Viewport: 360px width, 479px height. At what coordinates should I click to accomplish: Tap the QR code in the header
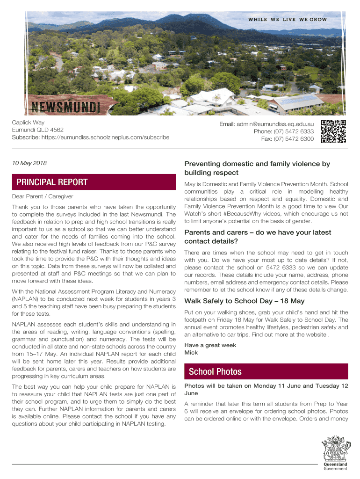pos(334,131)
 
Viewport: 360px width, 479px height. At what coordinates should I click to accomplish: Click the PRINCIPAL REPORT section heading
pos(52,182)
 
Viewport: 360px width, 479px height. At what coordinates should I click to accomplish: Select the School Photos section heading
pos(215,371)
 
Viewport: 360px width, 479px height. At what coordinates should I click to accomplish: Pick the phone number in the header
pos(293,131)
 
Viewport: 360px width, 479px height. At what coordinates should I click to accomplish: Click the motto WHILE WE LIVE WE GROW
pos(287,20)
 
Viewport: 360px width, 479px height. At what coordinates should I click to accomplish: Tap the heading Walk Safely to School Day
pos(245,301)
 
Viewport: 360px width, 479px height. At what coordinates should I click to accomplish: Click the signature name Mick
pos(192,352)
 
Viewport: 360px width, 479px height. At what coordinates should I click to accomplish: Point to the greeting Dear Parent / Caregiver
pos(43,196)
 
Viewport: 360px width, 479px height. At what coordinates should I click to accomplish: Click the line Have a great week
pos(210,345)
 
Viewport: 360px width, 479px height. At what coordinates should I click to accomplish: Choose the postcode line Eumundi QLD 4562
pos(38,130)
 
